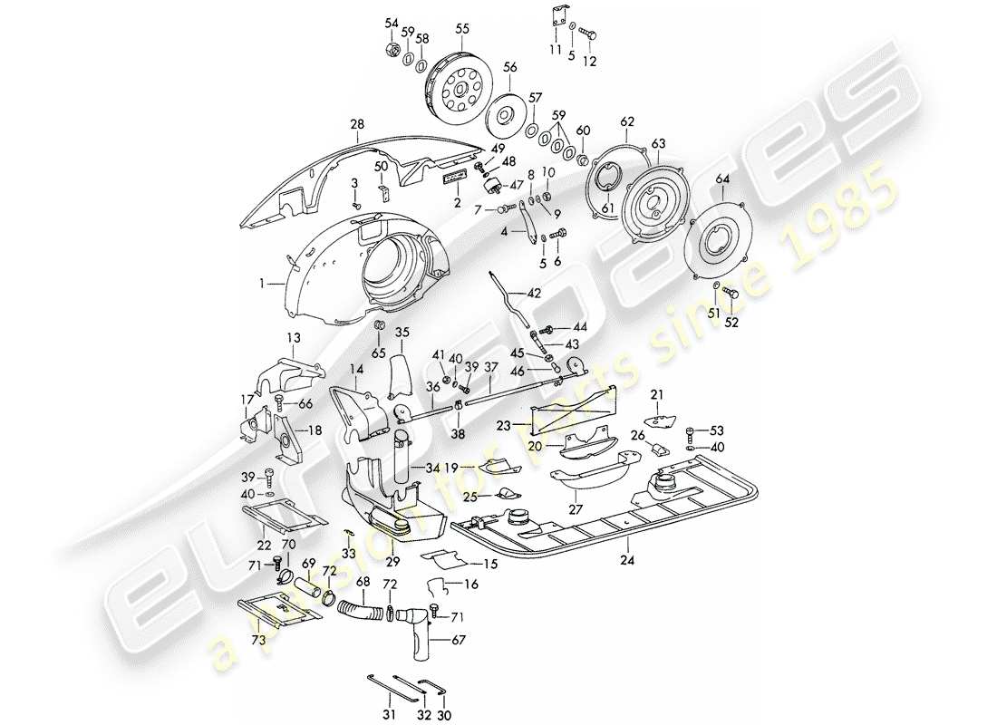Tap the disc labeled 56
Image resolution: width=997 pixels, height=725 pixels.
tap(505, 115)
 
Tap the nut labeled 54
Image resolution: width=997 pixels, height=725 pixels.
tap(391, 47)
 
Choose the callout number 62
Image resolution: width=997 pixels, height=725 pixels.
tap(626, 121)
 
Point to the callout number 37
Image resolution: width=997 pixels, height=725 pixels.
tap(490, 367)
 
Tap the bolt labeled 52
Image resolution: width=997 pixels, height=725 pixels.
tap(731, 295)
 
